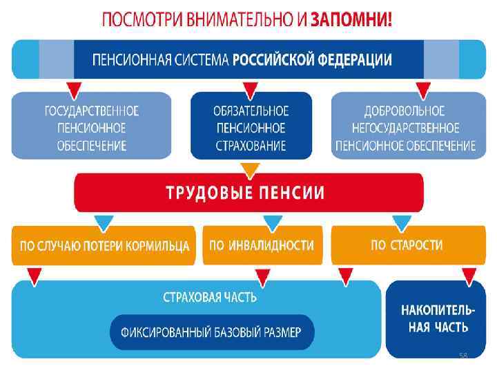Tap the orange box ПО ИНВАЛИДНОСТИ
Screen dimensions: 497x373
pos(262,245)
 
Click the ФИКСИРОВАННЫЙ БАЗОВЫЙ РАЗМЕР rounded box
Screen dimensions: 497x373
pos(211,332)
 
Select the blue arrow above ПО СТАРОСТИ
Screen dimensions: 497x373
pos(402,222)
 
